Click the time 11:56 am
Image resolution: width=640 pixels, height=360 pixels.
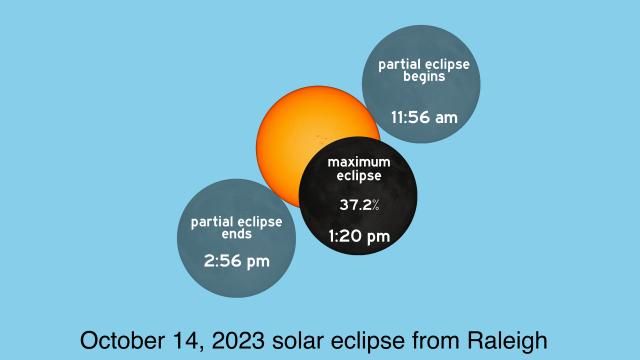[x=424, y=118]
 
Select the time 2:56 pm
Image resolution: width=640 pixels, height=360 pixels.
[x=236, y=262]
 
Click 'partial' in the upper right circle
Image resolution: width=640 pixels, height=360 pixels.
[x=401, y=65]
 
